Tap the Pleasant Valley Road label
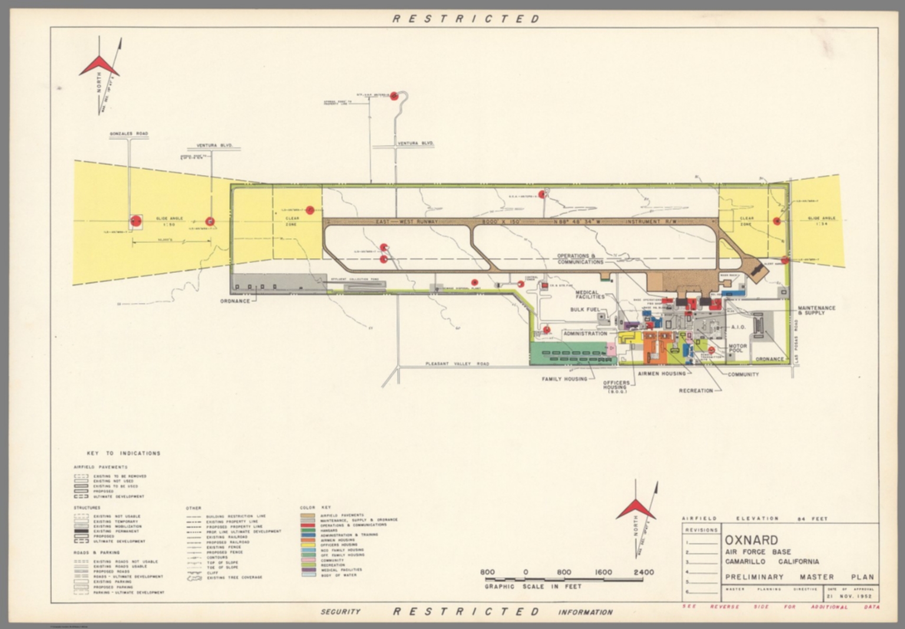point(457,364)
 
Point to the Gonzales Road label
point(128,134)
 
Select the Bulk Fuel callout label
point(584,309)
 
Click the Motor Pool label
point(738,348)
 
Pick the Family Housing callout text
point(564,379)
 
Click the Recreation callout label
point(695,390)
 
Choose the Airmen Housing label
point(662,373)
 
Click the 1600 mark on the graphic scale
point(603,572)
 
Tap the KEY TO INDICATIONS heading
point(124,453)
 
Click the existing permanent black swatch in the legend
point(81,531)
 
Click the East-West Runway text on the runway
point(407,222)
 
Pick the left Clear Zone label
point(292,222)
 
